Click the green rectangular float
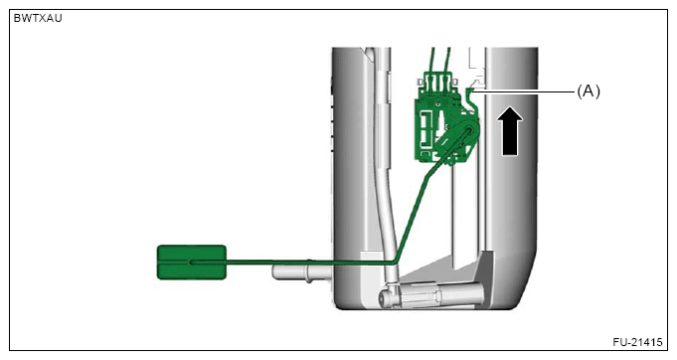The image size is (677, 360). tap(191, 262)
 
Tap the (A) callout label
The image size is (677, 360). tap(589, 91)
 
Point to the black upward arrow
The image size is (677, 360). tap(509, 131)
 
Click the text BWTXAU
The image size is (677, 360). tap(38, 18)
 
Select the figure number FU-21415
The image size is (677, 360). tap(637, 342)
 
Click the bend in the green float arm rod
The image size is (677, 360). tap(396, 261)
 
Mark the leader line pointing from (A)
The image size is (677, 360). tap(524, 91)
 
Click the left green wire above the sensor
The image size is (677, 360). tap(431, 61)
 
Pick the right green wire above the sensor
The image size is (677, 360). tap(447, 61)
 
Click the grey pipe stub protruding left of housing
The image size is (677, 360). tap(301, 271)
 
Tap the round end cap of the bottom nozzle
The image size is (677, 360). tap(385, 298)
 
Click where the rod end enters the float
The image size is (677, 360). tap(191, 262)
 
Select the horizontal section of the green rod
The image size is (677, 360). tap(292, 262)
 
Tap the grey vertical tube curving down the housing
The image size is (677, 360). tap(385, 173)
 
